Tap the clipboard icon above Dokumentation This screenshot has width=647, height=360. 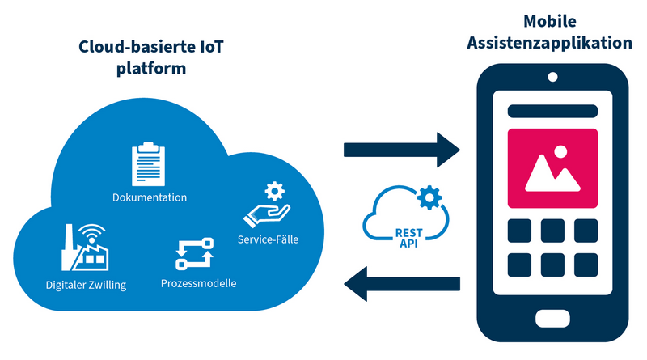coord(148,164)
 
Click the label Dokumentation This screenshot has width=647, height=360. coord(150,197)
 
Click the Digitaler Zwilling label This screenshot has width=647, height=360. coord(86,285)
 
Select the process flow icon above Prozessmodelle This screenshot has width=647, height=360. coord(194,253)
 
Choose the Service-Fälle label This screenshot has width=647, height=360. coord(268,239)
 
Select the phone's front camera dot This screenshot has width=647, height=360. coord(552,78)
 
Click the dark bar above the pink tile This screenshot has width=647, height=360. coord(552,110)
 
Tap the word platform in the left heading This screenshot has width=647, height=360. coord(150,69)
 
